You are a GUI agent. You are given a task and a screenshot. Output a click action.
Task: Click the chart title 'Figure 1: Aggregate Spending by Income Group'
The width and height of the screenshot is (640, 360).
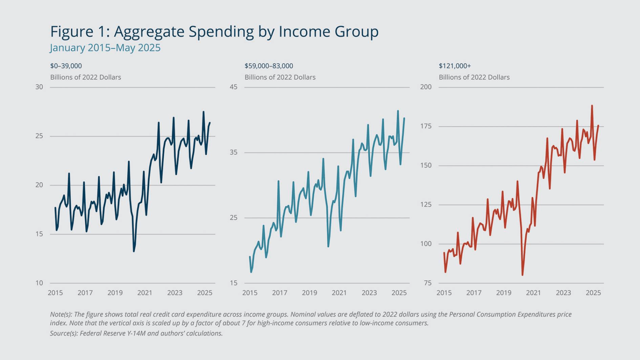[214, 32]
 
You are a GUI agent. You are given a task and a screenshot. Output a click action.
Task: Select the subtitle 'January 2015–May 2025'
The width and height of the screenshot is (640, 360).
[105, 48]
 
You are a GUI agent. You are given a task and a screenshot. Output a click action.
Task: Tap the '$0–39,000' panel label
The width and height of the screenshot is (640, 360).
[66, 66]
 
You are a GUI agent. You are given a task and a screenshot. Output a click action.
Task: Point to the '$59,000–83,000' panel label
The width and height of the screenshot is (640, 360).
[269, 66]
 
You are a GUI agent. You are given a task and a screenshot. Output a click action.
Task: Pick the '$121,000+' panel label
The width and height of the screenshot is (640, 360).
[455, 66]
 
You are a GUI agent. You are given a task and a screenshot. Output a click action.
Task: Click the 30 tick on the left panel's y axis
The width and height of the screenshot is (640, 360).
[39, 87]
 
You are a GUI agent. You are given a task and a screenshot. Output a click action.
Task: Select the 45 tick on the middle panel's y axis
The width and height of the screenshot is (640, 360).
[234, 87]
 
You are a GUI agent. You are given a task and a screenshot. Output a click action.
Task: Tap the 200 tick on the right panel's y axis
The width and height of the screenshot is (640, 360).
[426, 87]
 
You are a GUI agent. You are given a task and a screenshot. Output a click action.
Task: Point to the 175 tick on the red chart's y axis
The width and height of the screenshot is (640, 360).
[426, 126]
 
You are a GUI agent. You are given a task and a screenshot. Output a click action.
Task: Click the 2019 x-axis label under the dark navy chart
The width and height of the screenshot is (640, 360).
[115, 293]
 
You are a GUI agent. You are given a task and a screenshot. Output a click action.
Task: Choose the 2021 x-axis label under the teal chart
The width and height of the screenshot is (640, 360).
[339, 293]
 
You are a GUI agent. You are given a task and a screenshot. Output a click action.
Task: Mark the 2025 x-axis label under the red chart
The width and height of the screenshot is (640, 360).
[593, 293]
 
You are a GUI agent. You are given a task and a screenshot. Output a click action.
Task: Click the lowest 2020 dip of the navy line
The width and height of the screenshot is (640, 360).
[134, 251]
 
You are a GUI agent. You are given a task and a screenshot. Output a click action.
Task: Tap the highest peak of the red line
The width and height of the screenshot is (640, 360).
[592, 106]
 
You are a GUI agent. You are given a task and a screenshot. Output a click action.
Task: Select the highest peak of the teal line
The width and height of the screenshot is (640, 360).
[398, 111]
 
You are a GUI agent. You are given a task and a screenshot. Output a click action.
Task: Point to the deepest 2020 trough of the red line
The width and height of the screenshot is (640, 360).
[522, 275]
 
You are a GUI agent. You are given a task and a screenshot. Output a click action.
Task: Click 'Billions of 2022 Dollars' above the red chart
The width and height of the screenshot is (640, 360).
[474, 77]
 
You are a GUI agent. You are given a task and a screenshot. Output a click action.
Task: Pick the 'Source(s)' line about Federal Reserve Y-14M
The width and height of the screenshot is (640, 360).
[136, 333]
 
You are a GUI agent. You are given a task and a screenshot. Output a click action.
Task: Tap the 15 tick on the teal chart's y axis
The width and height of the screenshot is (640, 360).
[234, 283]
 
